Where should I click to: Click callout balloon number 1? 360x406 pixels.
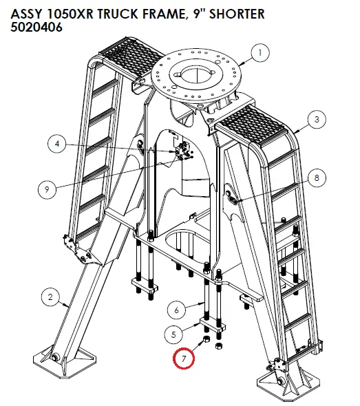click(260, 53)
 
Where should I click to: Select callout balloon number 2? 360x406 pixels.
click(50, 297)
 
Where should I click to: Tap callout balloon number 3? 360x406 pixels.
click(317, 119)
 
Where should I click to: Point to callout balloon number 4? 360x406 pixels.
click(57, 144)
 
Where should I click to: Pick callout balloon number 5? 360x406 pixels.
click(173, 334)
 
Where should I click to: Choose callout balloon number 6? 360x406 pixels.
click(176, 310)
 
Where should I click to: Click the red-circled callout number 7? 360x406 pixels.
click(184, 359)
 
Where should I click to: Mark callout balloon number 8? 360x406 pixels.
click(317, 178)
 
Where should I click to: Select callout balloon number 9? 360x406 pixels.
click(47, 189)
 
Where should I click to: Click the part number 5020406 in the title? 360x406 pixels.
click(36, 28)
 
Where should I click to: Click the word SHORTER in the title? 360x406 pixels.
click(237, 14)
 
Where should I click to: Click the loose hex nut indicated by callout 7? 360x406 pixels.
click(207, 339)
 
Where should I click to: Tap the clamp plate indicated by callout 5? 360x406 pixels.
click(212, 325)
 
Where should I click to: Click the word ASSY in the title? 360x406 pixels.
click(26, 14)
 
